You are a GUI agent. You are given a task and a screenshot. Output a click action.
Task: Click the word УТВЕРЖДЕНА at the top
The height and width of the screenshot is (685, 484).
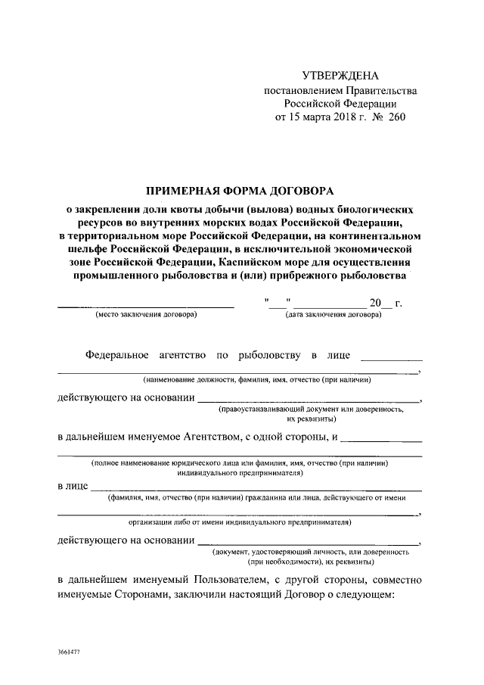click(340, 76)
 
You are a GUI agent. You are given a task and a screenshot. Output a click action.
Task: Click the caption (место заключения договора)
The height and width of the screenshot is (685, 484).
click(145, 314)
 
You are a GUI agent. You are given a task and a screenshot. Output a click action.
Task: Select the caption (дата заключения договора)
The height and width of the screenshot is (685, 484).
click(334, 314)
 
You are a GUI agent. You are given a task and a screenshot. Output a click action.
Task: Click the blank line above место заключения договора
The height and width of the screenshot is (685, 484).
click(146, 306)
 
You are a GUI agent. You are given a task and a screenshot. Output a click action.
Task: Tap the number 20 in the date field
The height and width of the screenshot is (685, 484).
click(376, 303)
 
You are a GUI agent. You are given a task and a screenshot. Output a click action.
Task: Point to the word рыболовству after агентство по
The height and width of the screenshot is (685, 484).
click(268, 354)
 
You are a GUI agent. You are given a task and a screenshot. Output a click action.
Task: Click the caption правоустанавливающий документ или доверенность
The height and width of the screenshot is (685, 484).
click(311, 409)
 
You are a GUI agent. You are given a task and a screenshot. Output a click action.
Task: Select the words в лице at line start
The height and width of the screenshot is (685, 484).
click(73, 485)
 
